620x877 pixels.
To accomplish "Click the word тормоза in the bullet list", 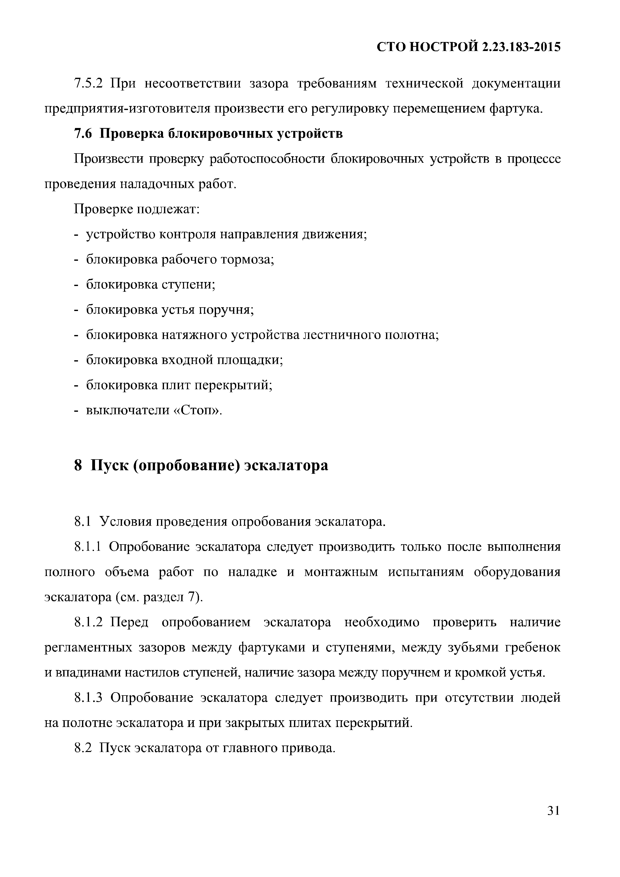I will click(249, 260).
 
